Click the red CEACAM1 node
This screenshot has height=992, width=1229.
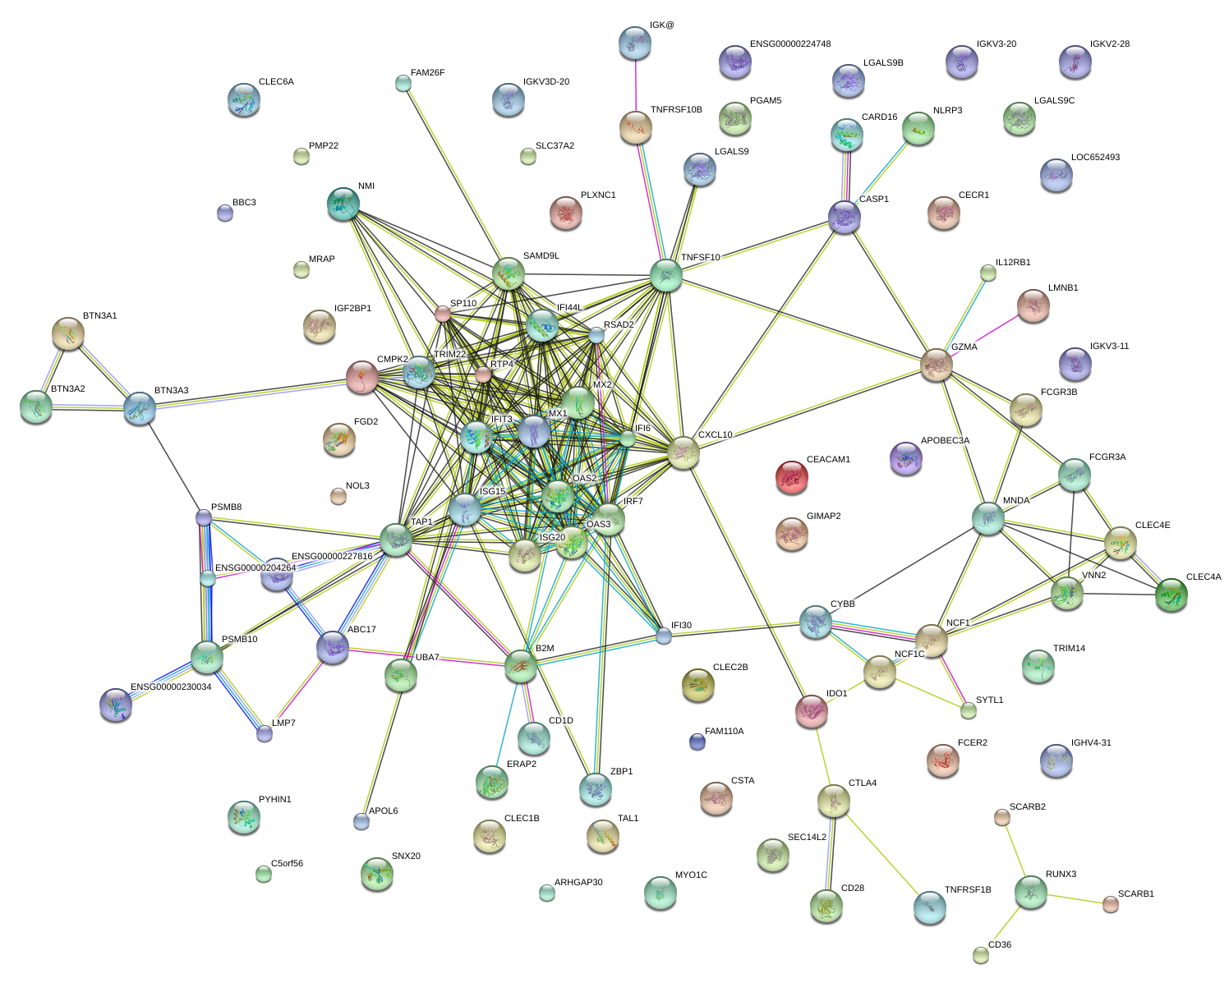pos(792,477)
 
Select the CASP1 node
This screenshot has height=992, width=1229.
pos(845,217)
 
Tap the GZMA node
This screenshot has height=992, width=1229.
pos(937,365)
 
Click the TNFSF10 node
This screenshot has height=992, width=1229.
pos(666,275)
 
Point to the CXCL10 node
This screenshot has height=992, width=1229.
pos(684,452)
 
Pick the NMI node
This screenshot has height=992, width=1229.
pos(343,204)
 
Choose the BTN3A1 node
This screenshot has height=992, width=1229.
pos(69,333)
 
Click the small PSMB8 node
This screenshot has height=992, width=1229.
pos(204,517)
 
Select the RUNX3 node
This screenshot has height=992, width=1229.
pos(1031,892)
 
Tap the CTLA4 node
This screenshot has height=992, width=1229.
pos(834,801)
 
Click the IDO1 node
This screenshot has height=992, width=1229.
pos(812,711)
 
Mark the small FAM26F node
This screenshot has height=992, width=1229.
pos(403,83)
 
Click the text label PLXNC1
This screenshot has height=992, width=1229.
pos(598,195)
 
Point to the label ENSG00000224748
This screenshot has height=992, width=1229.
pos(790,44)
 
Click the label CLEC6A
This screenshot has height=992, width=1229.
pos(276,82)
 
